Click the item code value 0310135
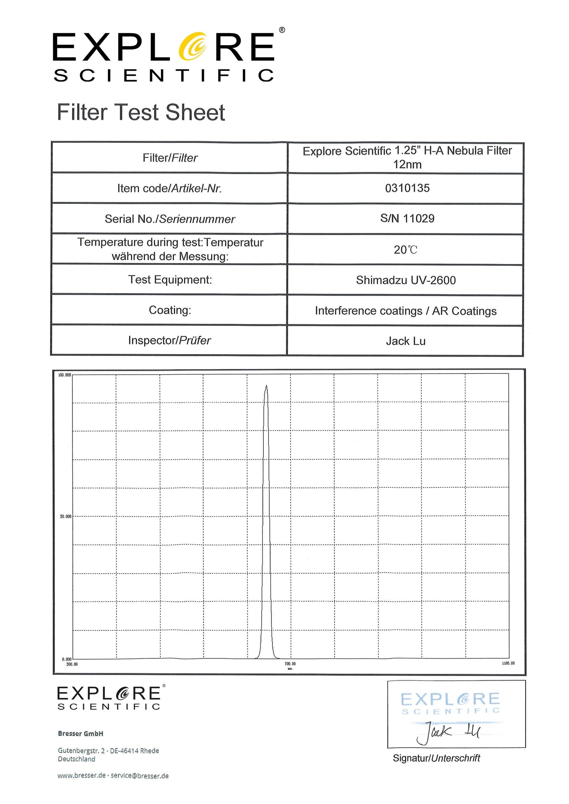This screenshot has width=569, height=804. [407, 188]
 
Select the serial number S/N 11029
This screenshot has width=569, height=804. [407, 218]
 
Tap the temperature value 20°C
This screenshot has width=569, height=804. [405, 250]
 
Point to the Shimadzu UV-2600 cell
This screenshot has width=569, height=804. [406, 280]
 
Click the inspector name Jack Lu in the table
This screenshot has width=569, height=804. [406, 341]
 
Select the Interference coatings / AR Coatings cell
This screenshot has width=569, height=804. [406, 311]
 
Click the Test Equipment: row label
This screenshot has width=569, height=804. [170, 280]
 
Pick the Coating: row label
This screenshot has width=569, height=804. [170, 310]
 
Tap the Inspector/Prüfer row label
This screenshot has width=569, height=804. [169, 340]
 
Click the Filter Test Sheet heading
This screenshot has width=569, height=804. [141, 113]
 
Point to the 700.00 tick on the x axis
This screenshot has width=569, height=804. [290, 664]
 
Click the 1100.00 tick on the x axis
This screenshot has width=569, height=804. [508, 664]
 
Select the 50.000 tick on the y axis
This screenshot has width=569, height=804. [65, 516]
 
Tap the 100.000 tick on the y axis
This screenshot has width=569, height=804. [65, 375]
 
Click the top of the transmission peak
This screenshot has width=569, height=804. [266, 386]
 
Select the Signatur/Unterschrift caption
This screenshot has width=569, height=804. [436, 758]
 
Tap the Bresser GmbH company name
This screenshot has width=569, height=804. [80, 734]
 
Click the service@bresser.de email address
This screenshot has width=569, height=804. [139, 776]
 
